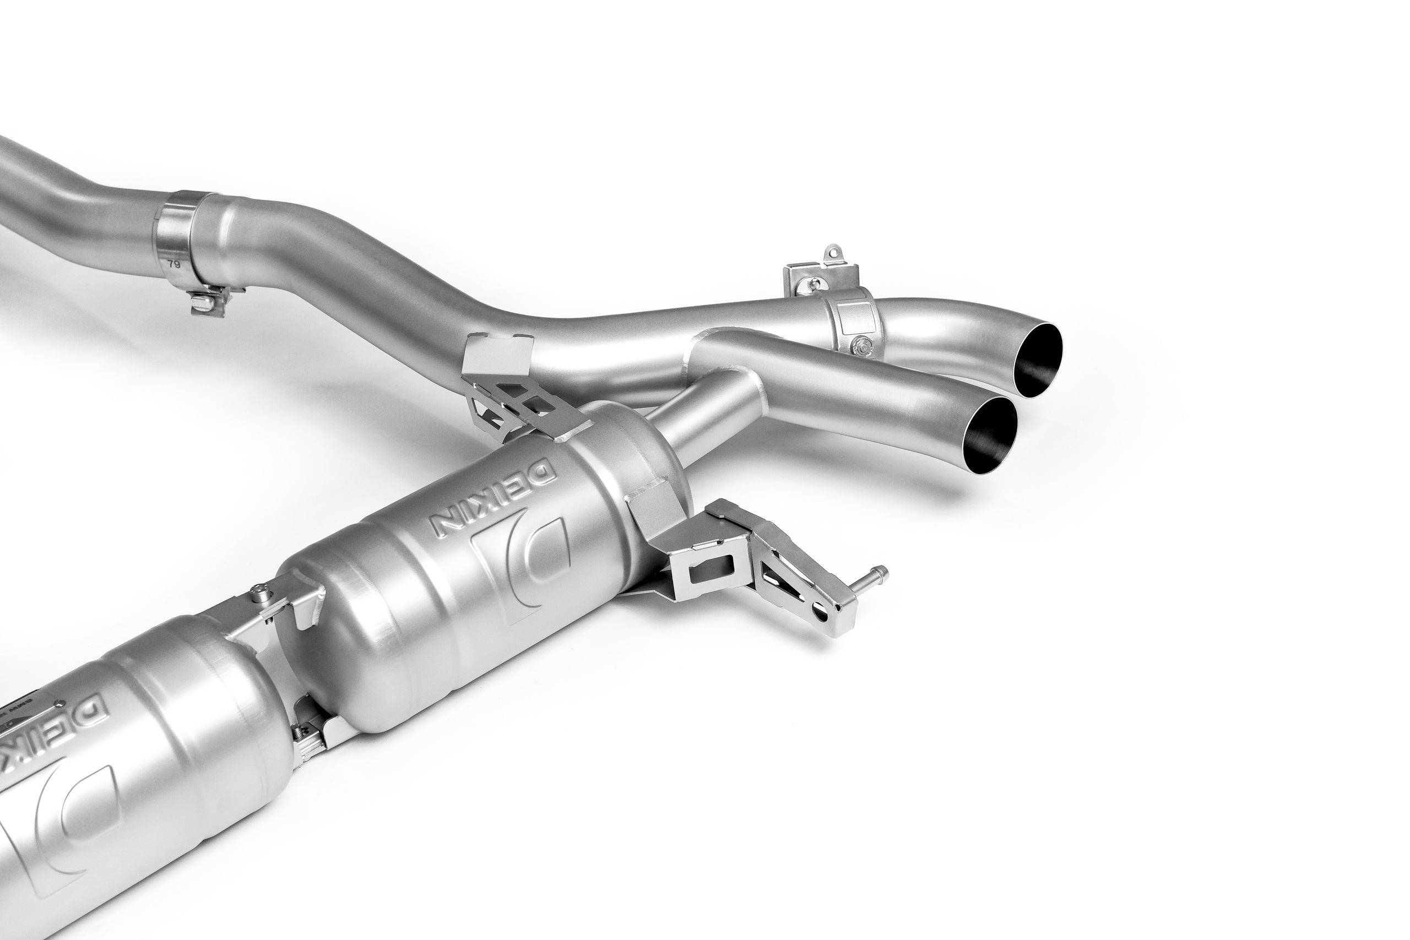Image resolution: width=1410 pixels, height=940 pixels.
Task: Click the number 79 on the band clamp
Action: coord(175,263)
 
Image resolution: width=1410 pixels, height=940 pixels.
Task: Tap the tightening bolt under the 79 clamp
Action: coord(208,303)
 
